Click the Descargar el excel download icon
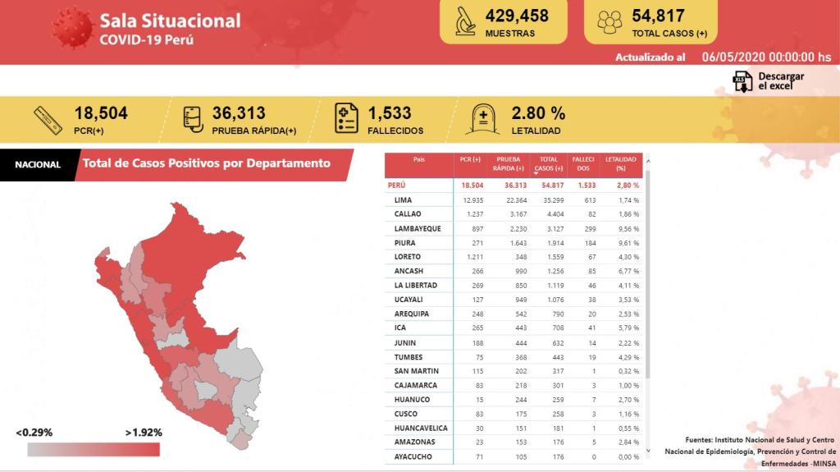coord(742,81)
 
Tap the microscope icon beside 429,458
coord(466,22)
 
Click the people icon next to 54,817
coord(609,22)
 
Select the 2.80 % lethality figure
coord(538,113)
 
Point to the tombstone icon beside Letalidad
coord(482,119)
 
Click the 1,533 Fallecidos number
coord(390,113)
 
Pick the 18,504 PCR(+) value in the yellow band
coord(101,113)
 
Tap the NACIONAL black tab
coord(38,164)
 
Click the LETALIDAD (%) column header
coord(621,163)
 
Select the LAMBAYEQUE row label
coord(417,228)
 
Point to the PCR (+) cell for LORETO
coord(471,257)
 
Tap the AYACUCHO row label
coord(413,456)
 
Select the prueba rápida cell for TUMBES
coord(509,356)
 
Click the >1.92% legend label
coord(144,433)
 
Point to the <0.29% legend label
coord(34,433)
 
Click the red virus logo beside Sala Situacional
coord(72,28)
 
